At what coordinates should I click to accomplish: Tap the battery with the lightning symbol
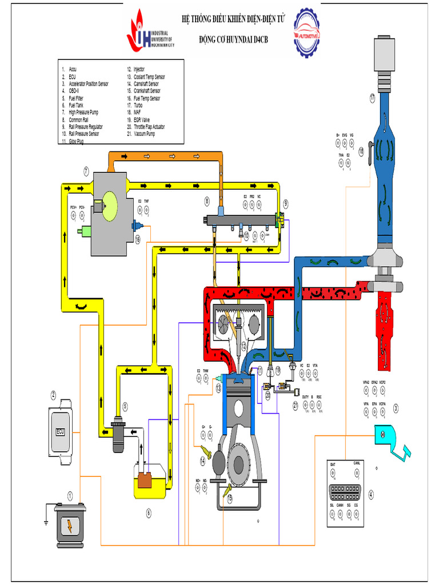pyautogui.click(x=70, y=526)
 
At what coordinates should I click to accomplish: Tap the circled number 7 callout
pyautogui.click(x=85, y=170)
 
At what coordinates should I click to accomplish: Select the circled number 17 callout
pyautogui.click(x=372, y=98)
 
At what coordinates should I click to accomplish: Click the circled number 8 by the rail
pyautogui.click(x=207, y=201)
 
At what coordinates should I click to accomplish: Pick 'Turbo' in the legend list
pyautogui.click(x=138, y=105)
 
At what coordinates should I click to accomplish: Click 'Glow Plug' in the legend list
pyautogui.click(x=77, y=141)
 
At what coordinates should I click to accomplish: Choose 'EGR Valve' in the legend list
pyautogui.click(x=143, y=119)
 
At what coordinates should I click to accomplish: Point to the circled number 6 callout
pyautogui.click(x=149, y=512)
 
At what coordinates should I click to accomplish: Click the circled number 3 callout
pyautogui.click(x=395, y=407)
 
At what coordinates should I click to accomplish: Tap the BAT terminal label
pyautogui.click(x=333, y=464)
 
